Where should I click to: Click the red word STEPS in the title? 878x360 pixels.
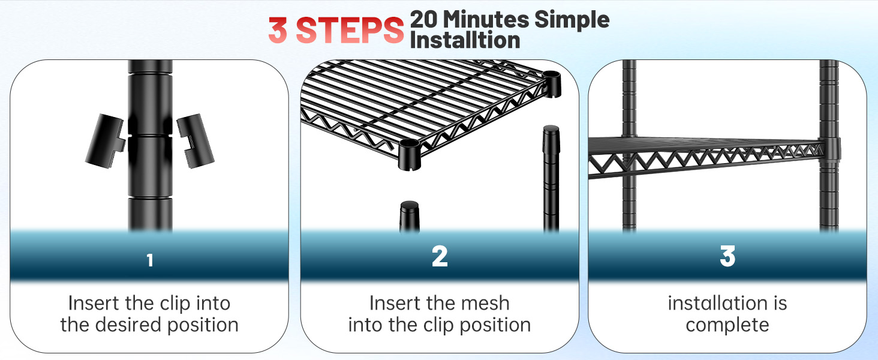350,30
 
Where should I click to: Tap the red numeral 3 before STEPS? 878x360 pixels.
278,30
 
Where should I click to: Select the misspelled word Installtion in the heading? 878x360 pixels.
465,40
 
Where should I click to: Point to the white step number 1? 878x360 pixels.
150,260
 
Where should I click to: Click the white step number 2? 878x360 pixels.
440,256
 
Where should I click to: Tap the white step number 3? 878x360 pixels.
727,256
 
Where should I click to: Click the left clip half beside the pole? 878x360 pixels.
106,141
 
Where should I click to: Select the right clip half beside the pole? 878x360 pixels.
195,141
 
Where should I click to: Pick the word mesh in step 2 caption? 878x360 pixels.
485,303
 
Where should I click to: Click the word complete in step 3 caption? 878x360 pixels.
727,325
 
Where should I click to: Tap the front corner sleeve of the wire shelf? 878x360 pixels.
409,155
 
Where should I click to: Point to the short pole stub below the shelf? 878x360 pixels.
410,217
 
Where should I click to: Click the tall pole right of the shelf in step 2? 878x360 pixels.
551,178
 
